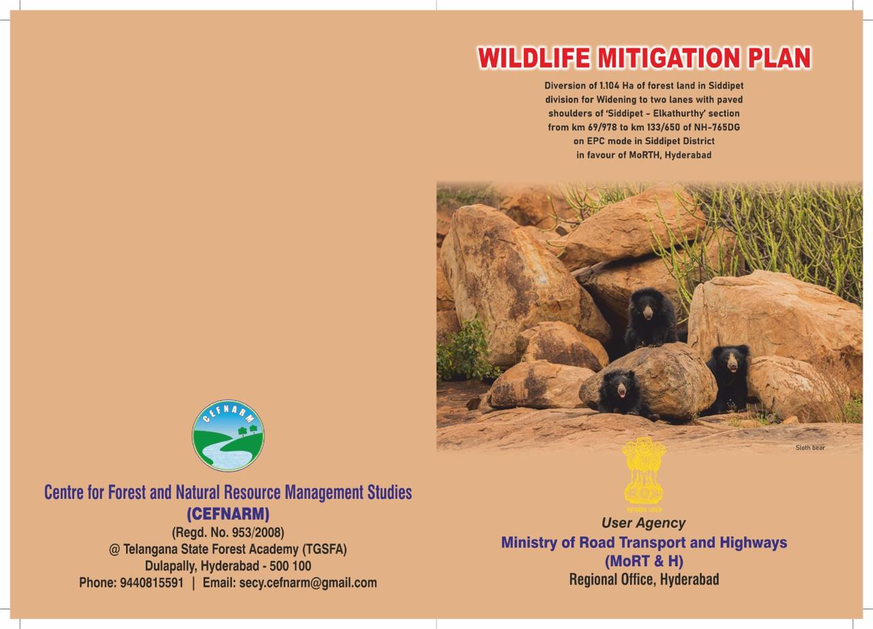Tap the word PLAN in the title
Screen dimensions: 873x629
tap(779, 58)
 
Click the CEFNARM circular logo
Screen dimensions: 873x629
tap(228, 435)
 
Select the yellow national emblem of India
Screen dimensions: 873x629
tap(644, 475)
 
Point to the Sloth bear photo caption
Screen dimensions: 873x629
tap(810, 448)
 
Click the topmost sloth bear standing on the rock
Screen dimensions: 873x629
tap(650, 318)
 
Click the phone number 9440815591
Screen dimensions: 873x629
tap(151, 583)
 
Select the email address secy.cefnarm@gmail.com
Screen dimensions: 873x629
tap(308, 583)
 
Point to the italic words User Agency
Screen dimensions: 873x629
tap(643, 523)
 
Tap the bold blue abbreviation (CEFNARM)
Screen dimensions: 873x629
tap(228, 514)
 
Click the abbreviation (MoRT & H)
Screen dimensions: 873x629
tap(644, 561)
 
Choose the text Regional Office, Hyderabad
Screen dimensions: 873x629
tap(644, 579)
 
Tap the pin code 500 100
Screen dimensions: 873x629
tap(291, 566)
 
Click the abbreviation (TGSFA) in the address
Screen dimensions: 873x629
tap(325, 549)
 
